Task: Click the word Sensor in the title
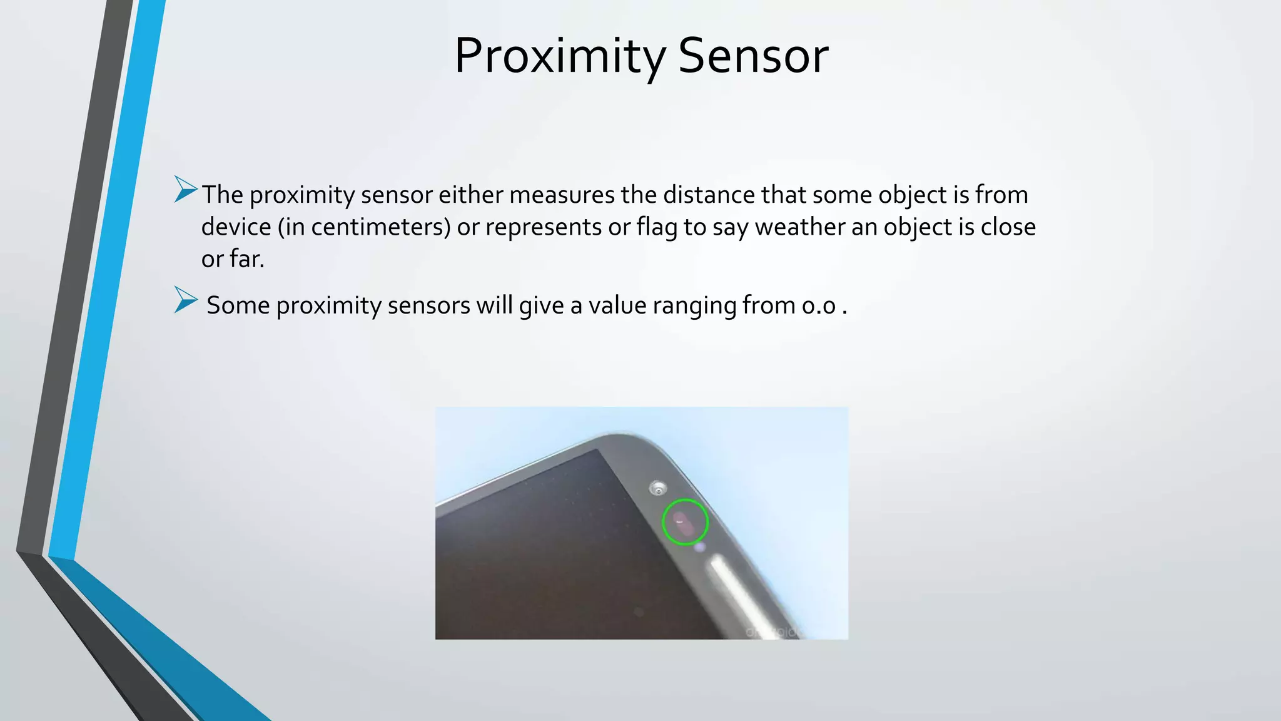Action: tap(753, 56)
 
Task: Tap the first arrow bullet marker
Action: tap(186, 189)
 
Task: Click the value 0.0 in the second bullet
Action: tap(819, 306)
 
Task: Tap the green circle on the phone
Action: tap(685, 522)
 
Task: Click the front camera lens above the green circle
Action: tap(657, 488)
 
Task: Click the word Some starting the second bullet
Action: tap(238, 306)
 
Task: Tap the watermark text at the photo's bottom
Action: tap(772, 632)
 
